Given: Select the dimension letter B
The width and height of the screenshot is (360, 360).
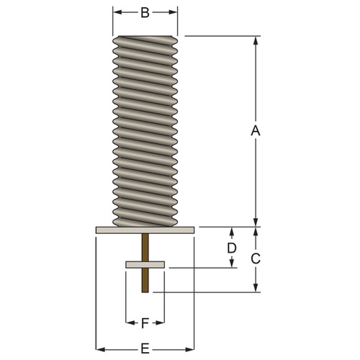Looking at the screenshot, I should (x=145, y=12).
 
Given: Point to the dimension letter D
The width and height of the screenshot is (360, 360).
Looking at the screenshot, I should (x=232, y=248).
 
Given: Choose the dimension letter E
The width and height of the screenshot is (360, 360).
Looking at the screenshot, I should (x=145, y=348).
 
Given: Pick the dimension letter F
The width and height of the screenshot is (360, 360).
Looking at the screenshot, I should (x=145, y=323).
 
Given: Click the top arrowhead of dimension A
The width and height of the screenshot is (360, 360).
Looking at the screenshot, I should (x=254, y=40).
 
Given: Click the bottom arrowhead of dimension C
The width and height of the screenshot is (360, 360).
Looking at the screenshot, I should (x=254, y=288).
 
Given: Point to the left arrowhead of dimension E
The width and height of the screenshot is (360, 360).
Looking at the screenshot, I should (x=100, y=348).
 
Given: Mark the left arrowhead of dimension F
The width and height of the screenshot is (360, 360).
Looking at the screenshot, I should (x=130, y=323).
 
